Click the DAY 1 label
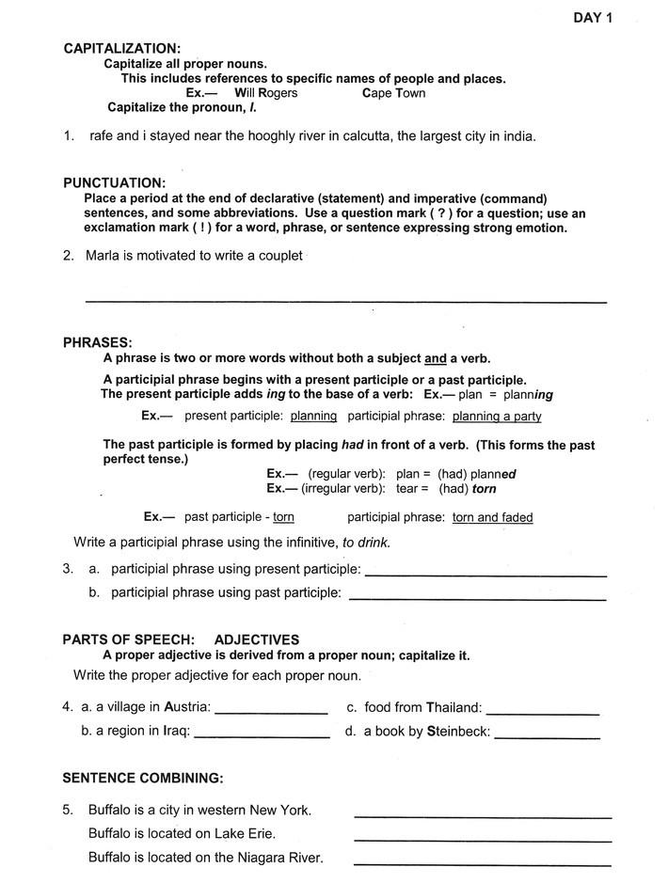point(593,17)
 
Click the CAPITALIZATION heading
point(121,48)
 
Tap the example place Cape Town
point(393,93)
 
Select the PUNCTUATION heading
point(114,182)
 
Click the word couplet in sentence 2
point(278,256)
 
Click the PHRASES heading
point(97,342)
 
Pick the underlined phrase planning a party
point(496,416)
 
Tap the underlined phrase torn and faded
point(492,517)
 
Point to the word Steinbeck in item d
point(458,731)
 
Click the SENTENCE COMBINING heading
point(142,778)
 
